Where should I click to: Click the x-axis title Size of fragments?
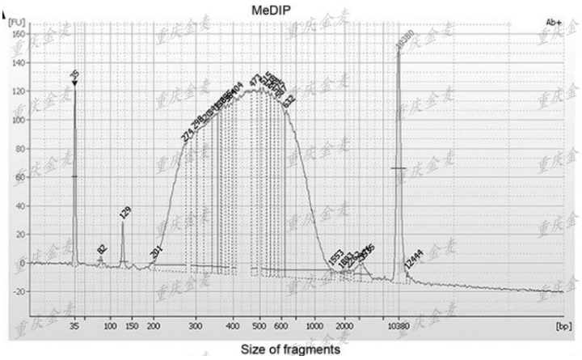pyautogui.click(x=290, y=349)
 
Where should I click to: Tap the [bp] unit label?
pyautogui.click(x=563, y=325)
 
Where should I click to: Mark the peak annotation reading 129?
pyautogui.click(x=124, y=214)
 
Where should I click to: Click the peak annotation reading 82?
pyautogui.click(x=101, y=250)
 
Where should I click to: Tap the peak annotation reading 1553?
pyautogui.click(x=336, y=257)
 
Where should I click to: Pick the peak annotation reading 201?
pyautogui.click(x=156, y=252)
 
